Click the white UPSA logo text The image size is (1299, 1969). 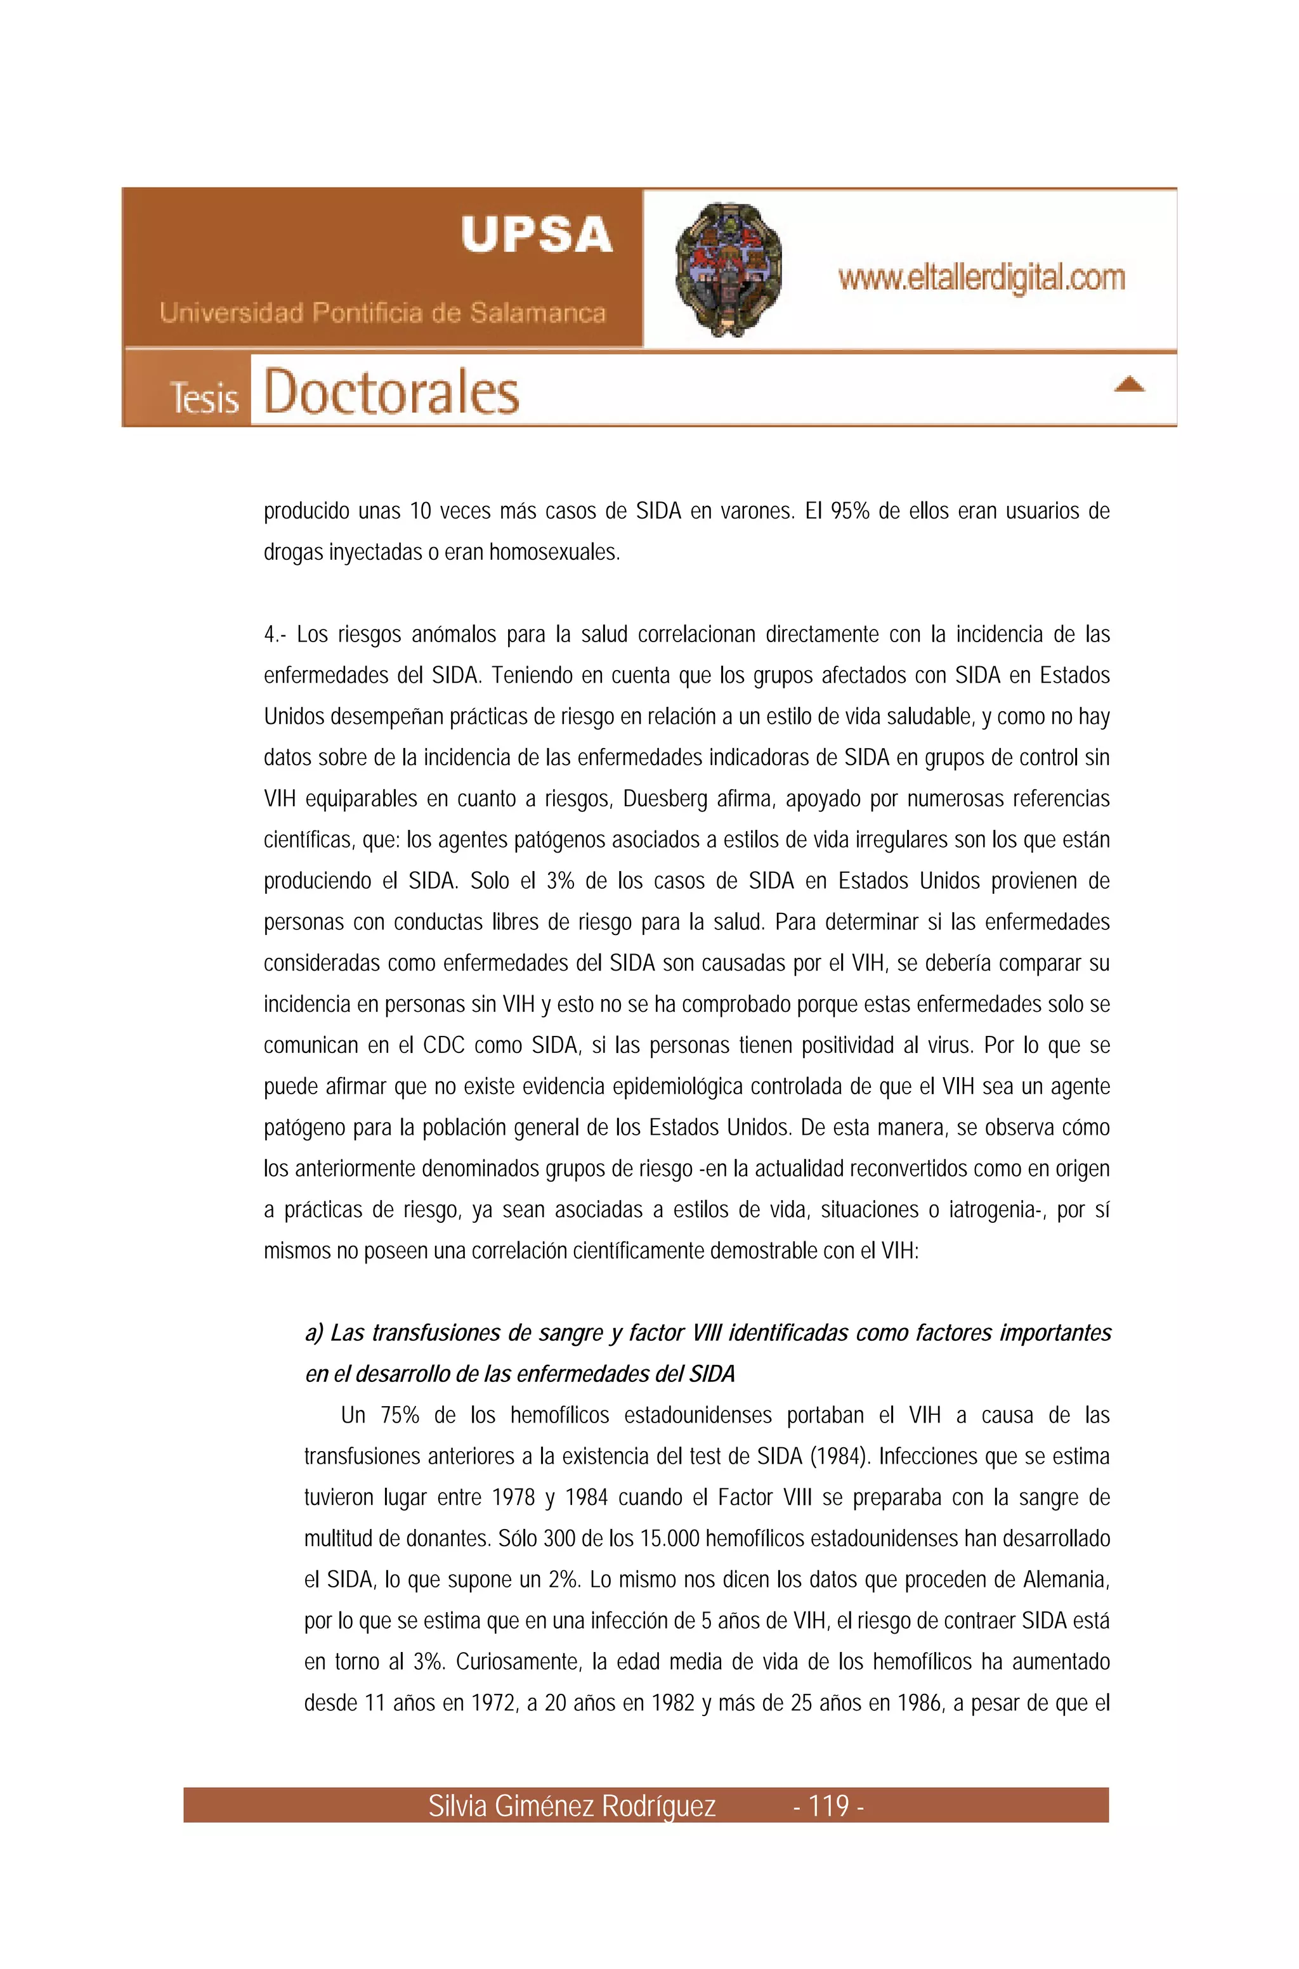coord(537,235)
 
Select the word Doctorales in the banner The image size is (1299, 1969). coord(391,392)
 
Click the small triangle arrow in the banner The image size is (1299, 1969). coord(1129,384)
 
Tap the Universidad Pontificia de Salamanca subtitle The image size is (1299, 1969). coord(382,313)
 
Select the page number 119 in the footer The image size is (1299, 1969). coord(828,1805)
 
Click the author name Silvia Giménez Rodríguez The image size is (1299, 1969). coord(571,1805)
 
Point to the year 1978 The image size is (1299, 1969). coord(514,1498)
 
